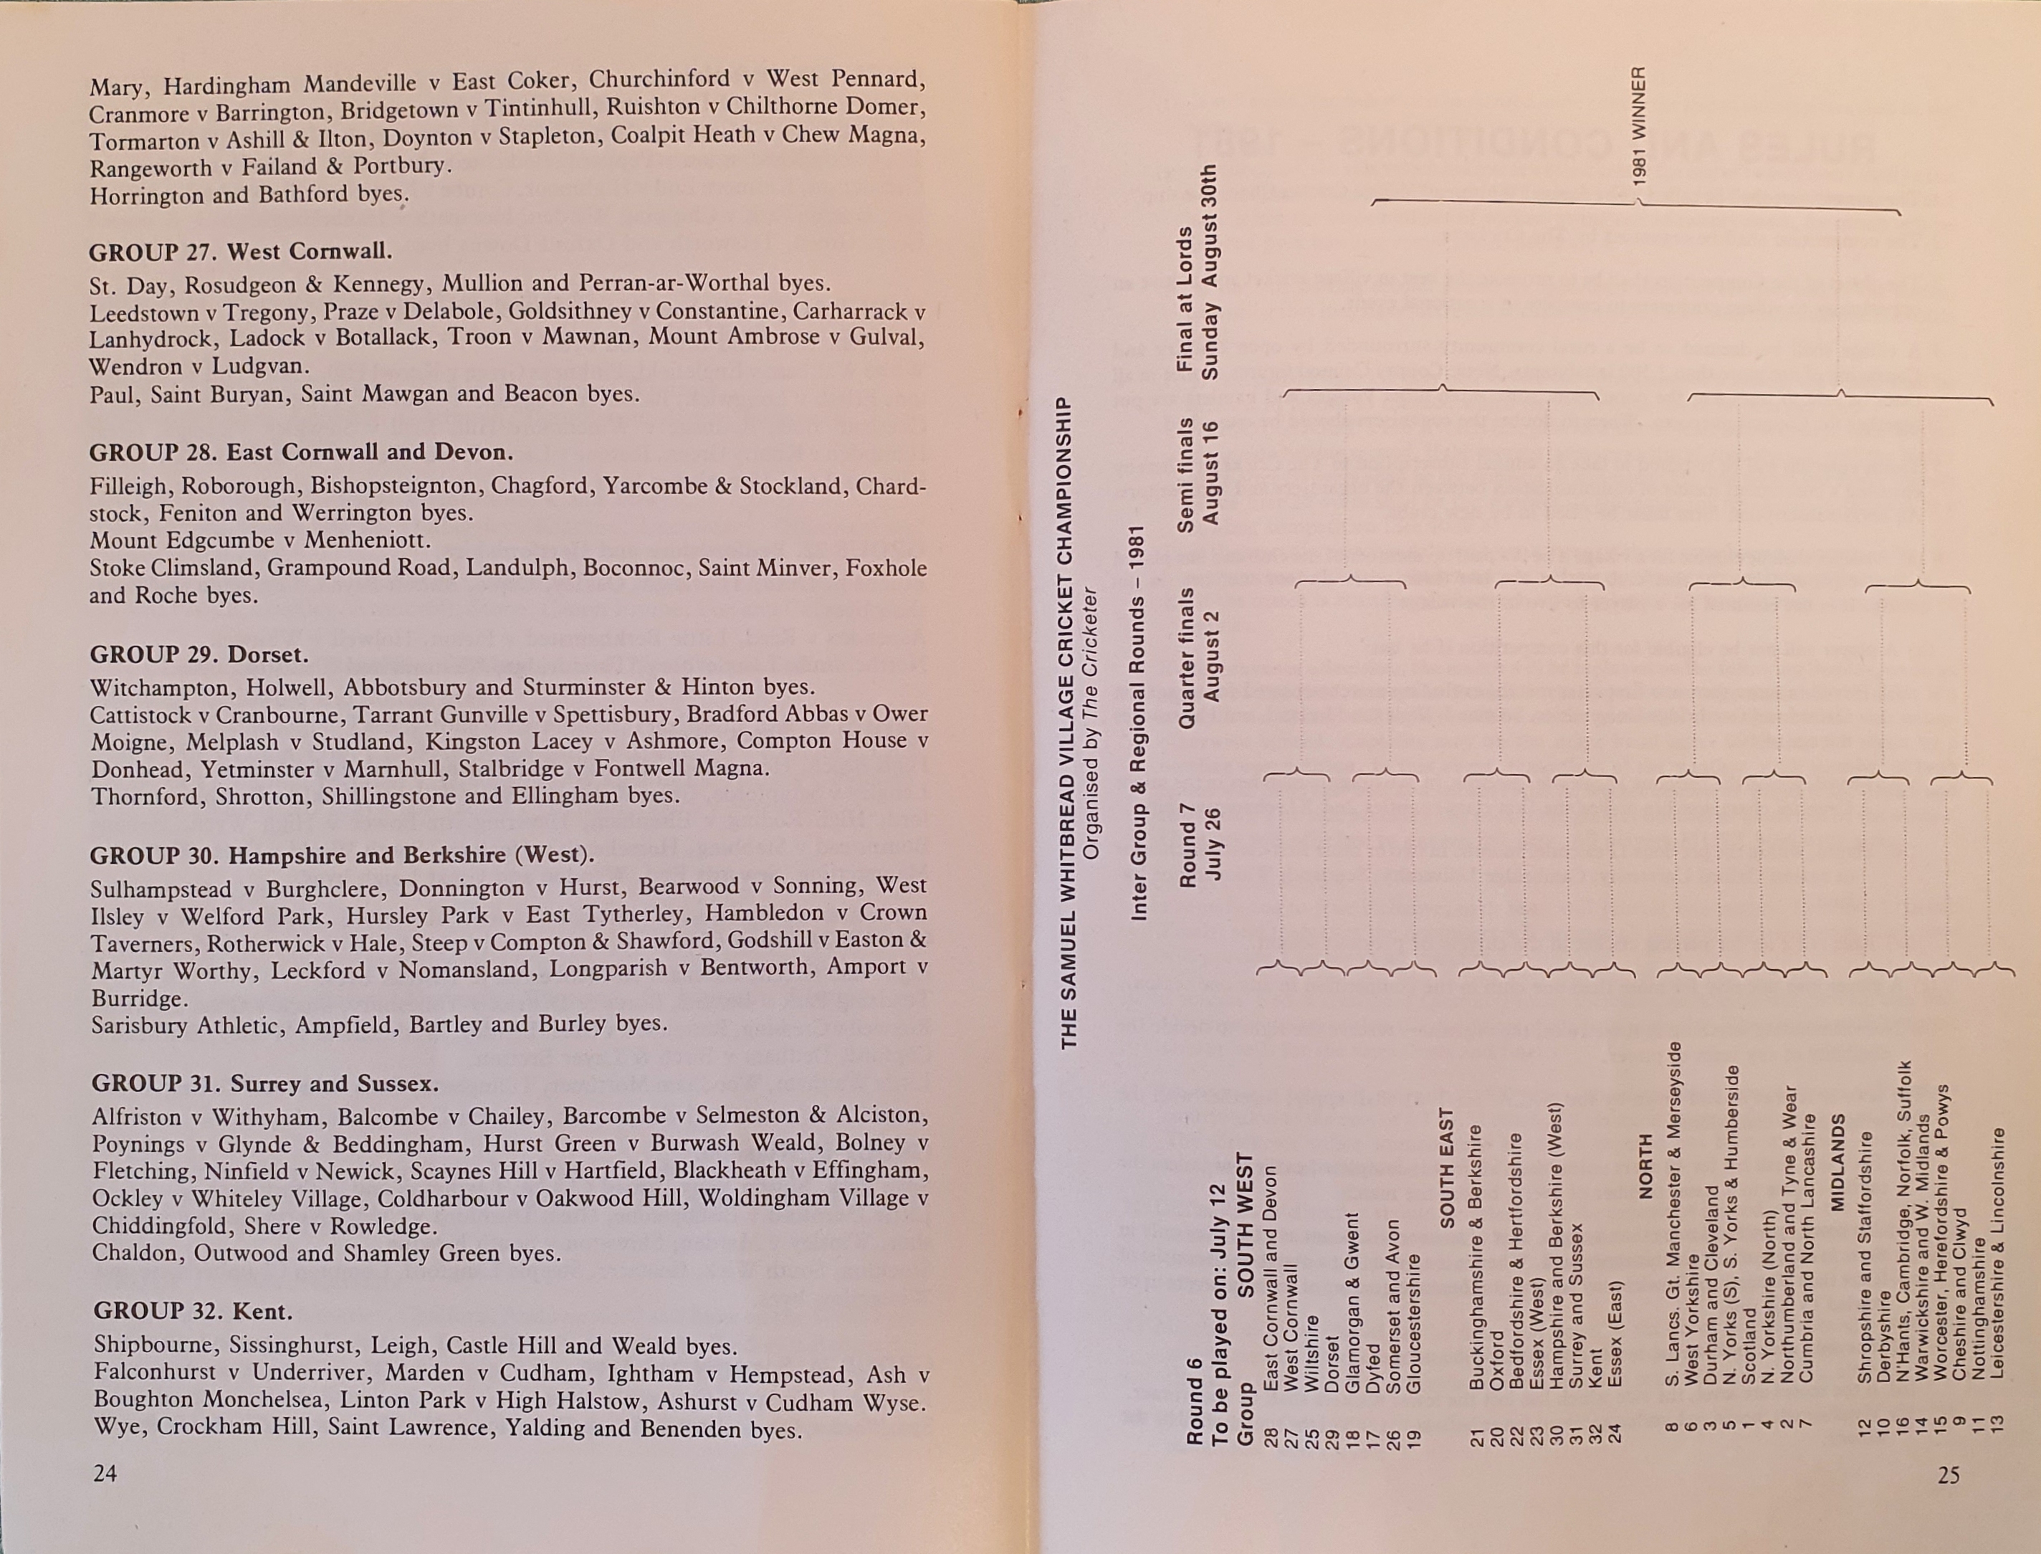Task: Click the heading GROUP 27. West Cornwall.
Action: [241, 252]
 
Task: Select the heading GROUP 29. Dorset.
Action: [199, 655]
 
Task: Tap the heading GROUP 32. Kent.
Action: [192, 1312]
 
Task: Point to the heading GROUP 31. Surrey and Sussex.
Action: [265, 1084]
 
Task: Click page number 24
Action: [105, 1474]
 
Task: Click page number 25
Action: [1949, 1475]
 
